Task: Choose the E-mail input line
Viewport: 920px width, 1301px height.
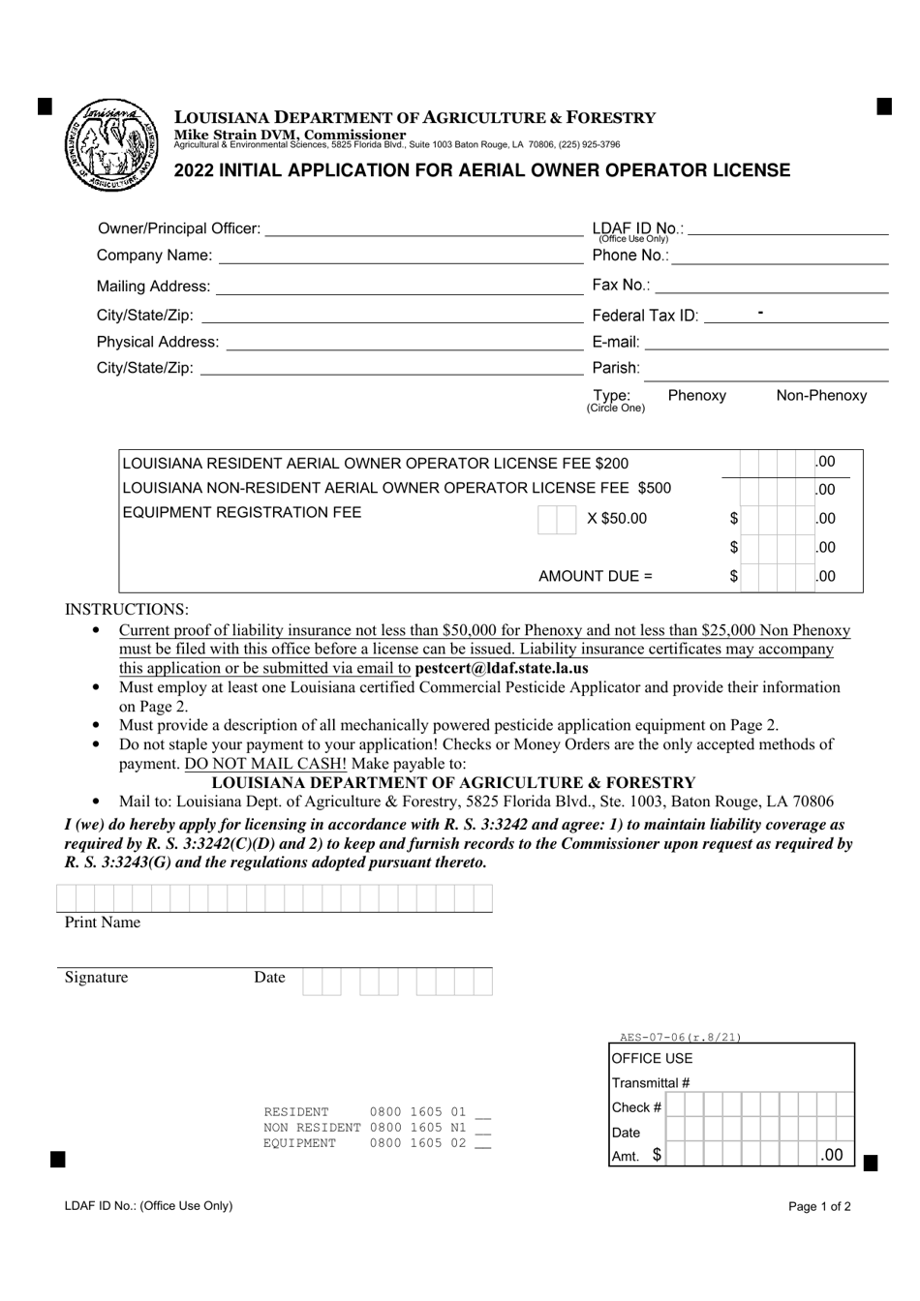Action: (766, 342)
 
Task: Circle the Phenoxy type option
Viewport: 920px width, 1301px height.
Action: (696, 395)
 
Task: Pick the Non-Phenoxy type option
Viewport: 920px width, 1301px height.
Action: (821, 395)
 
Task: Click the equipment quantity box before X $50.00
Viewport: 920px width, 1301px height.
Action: (557, 519)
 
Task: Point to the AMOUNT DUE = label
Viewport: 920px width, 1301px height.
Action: (595, 576)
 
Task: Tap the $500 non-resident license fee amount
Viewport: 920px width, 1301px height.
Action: (654, 488)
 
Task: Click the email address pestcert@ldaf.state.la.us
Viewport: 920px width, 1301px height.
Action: (501, 668)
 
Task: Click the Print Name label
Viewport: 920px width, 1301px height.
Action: (103, 923)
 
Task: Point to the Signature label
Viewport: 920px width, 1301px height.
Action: (96, 978)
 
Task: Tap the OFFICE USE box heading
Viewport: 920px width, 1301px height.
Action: (652, 1058)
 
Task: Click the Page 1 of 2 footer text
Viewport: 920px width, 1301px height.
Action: (819, 1206)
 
